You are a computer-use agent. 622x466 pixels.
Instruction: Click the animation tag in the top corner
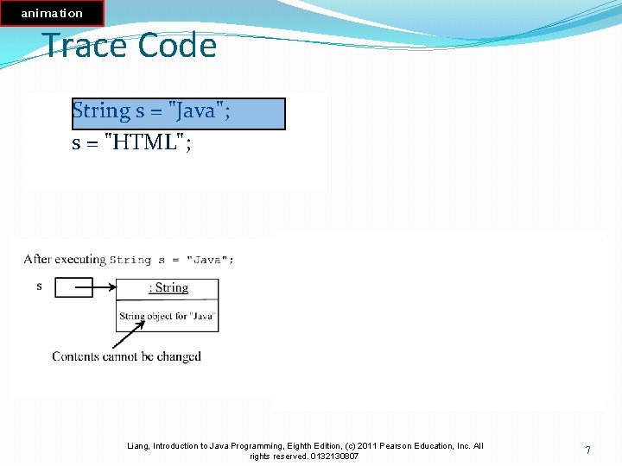click(52, 13)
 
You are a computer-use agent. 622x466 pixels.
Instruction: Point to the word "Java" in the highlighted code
click(196, 111)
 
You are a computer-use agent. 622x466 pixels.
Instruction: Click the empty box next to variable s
click(73, 287)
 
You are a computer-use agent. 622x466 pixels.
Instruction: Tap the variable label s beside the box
click(39, 286)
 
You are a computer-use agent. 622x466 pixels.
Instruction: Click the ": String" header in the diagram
click(168, 288)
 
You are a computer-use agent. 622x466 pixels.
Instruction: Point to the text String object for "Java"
click(167, 317)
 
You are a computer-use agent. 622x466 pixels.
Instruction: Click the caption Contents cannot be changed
click(126, 356)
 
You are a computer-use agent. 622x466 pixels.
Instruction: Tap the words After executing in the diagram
click(65, 259)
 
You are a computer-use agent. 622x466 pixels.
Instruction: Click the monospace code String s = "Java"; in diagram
click(172, 260)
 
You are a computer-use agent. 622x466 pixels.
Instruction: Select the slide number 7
click(587, 450)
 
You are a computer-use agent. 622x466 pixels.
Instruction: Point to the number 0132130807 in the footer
click(334, 456)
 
